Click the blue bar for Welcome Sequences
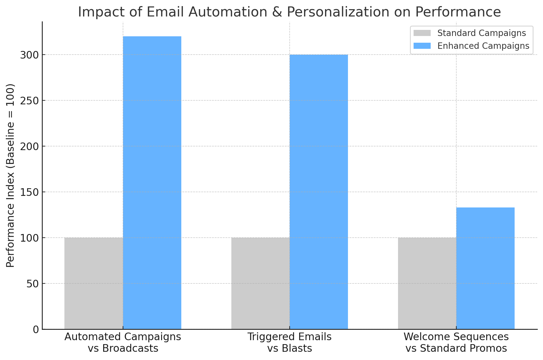tap(485, 268)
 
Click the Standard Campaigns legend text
tap(481, 33)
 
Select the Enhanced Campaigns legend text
tap(483, 46)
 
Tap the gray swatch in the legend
tap(422, 33)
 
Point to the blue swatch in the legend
tap(422, 46)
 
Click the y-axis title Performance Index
tap(10, 175)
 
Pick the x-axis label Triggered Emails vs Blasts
tap(289, 342)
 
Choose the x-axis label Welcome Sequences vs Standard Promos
tap(456, 342)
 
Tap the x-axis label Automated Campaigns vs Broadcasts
tap(123, 342)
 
